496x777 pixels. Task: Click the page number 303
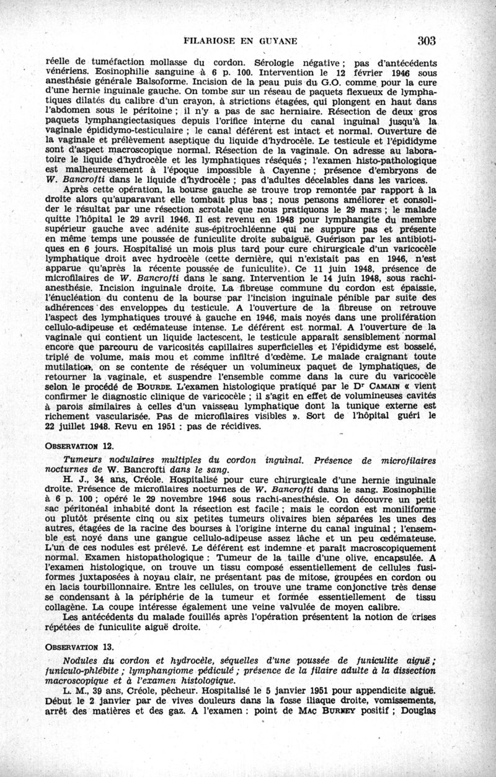click(x=427, y=41)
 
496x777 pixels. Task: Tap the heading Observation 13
click(x=76, y=646)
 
